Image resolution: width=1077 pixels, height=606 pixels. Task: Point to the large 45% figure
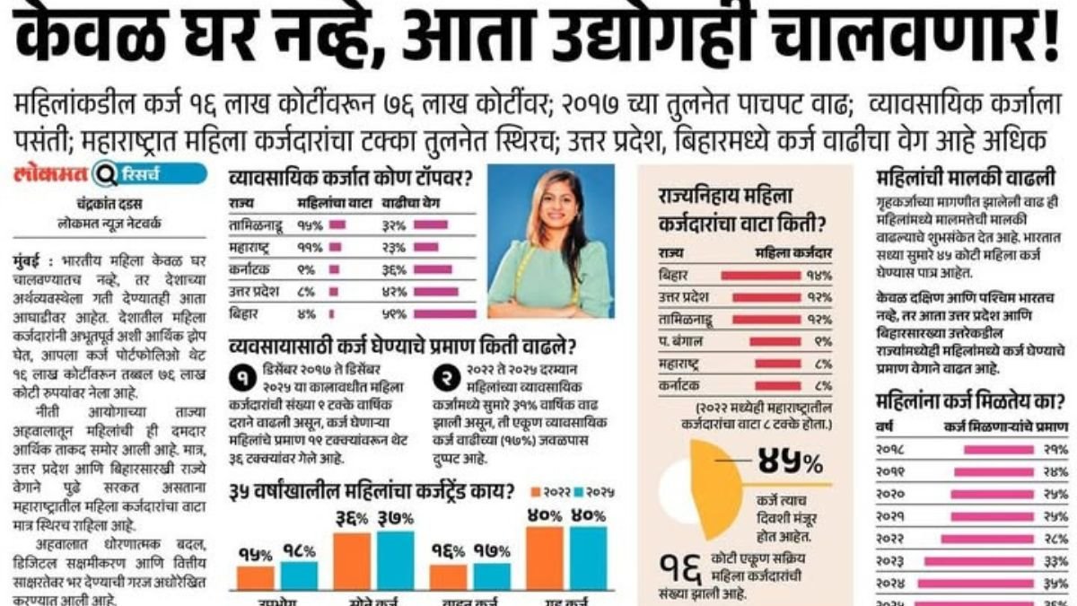[790, 462]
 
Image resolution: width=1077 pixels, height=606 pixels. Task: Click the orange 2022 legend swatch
[537, 492]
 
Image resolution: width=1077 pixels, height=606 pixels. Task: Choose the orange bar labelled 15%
[255, 577]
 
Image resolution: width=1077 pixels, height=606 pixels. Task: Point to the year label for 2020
[891, 494]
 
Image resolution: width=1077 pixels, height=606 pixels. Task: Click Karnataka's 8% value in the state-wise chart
[822, 386]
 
